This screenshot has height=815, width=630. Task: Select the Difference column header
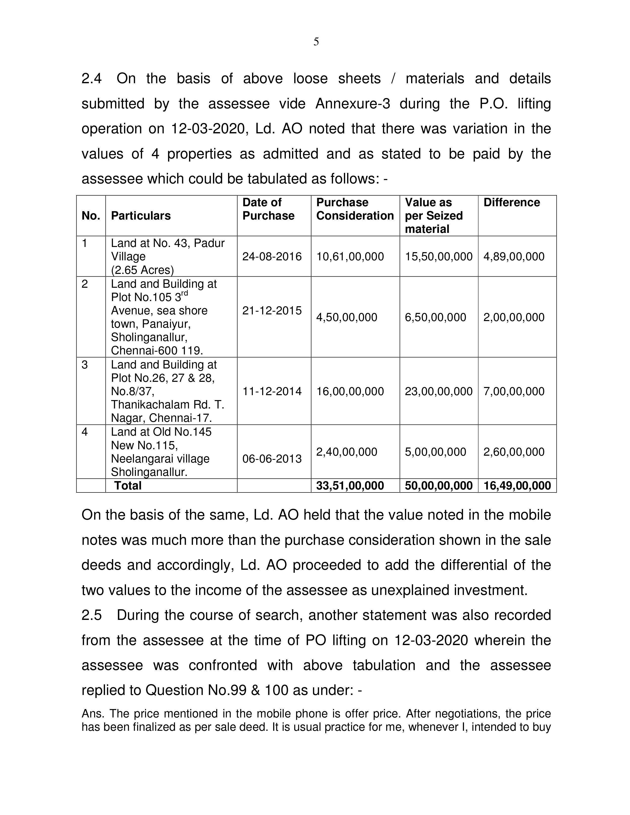click(512, 202)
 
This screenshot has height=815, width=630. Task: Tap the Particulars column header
click(141, 216)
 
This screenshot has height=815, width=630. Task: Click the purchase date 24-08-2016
click(272, 257)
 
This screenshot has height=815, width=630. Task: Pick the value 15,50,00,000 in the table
click(439, 257)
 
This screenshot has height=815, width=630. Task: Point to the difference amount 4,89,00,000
click(514, 257)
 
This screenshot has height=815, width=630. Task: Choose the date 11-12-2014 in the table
click(272, 391)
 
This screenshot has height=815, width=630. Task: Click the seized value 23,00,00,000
click(439, 391)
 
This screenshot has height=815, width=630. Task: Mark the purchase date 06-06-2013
click(272, 459)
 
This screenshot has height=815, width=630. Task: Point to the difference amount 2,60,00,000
click(514, 452)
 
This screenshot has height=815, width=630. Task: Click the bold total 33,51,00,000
click(350, 486)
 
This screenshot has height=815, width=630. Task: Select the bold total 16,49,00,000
click(517, 486)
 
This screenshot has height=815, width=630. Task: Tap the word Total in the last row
click(128, 486)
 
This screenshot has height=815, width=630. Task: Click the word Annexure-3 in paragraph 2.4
click(353, 104)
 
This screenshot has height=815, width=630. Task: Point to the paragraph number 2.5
click(91, 615)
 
